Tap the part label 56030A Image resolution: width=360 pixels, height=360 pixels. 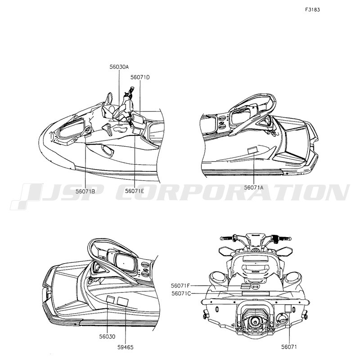tap(119, 67)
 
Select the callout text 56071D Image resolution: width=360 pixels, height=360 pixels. tap(140, 77)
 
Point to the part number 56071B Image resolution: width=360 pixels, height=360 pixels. tap(85, 191)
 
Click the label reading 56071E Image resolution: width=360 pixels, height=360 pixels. tap(135, 191)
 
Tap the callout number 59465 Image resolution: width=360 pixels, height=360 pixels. tap(125, 347)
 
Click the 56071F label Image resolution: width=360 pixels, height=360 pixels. tap(181, 285)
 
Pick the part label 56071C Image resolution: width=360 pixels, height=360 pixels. tap(181, 293)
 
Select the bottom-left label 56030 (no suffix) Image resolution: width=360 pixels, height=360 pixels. tap(107, 336)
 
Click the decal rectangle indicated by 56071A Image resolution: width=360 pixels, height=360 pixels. tap(253, 150)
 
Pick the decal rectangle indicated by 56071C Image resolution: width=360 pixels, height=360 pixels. tap(254, 292)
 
